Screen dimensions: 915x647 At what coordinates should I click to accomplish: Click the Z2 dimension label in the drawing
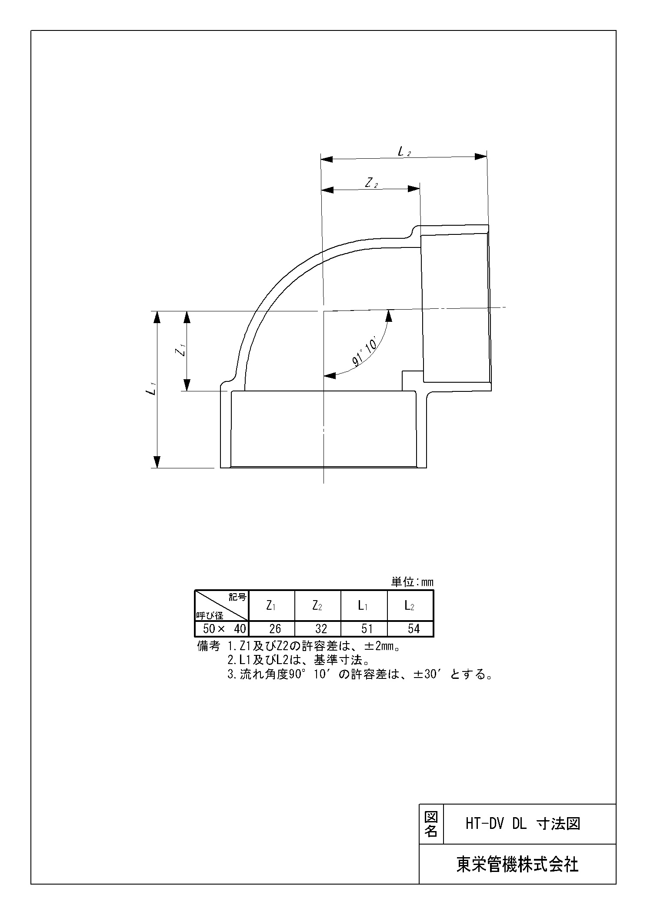[371, 184]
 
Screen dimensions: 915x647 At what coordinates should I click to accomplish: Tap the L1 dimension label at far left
[151, 388]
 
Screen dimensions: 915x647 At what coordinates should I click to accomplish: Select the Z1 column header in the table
[271, 606]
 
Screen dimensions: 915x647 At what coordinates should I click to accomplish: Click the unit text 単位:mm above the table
[412, 582]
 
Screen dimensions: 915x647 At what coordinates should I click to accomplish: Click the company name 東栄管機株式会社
[517, 864]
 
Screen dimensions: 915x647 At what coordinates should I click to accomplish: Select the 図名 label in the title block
[430, 824]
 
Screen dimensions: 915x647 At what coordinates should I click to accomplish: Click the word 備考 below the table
[209, 646]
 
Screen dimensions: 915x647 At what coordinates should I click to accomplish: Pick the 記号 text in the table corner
[237, 597]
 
